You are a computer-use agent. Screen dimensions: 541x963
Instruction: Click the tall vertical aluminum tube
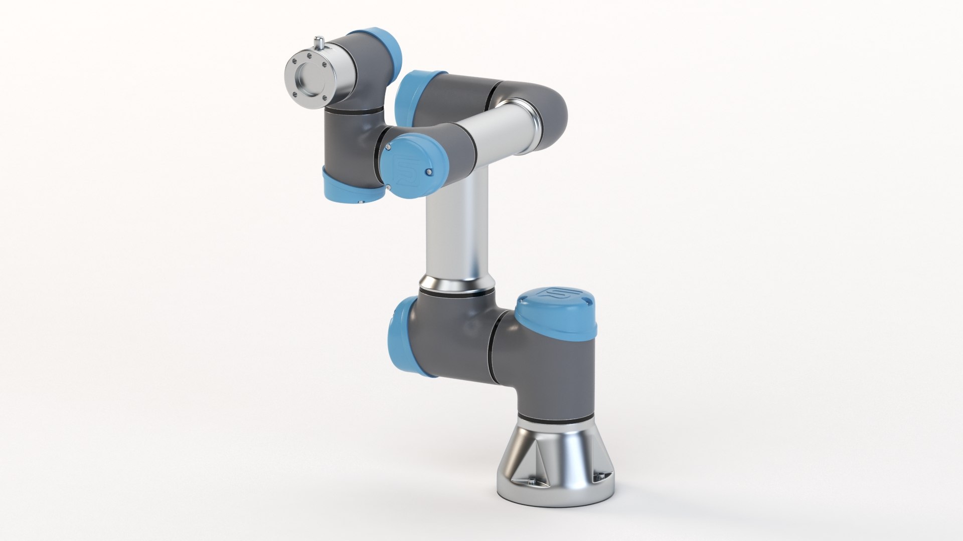[x=456, y=235]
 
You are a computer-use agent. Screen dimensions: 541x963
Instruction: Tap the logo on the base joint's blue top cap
[x=550, y=294]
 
